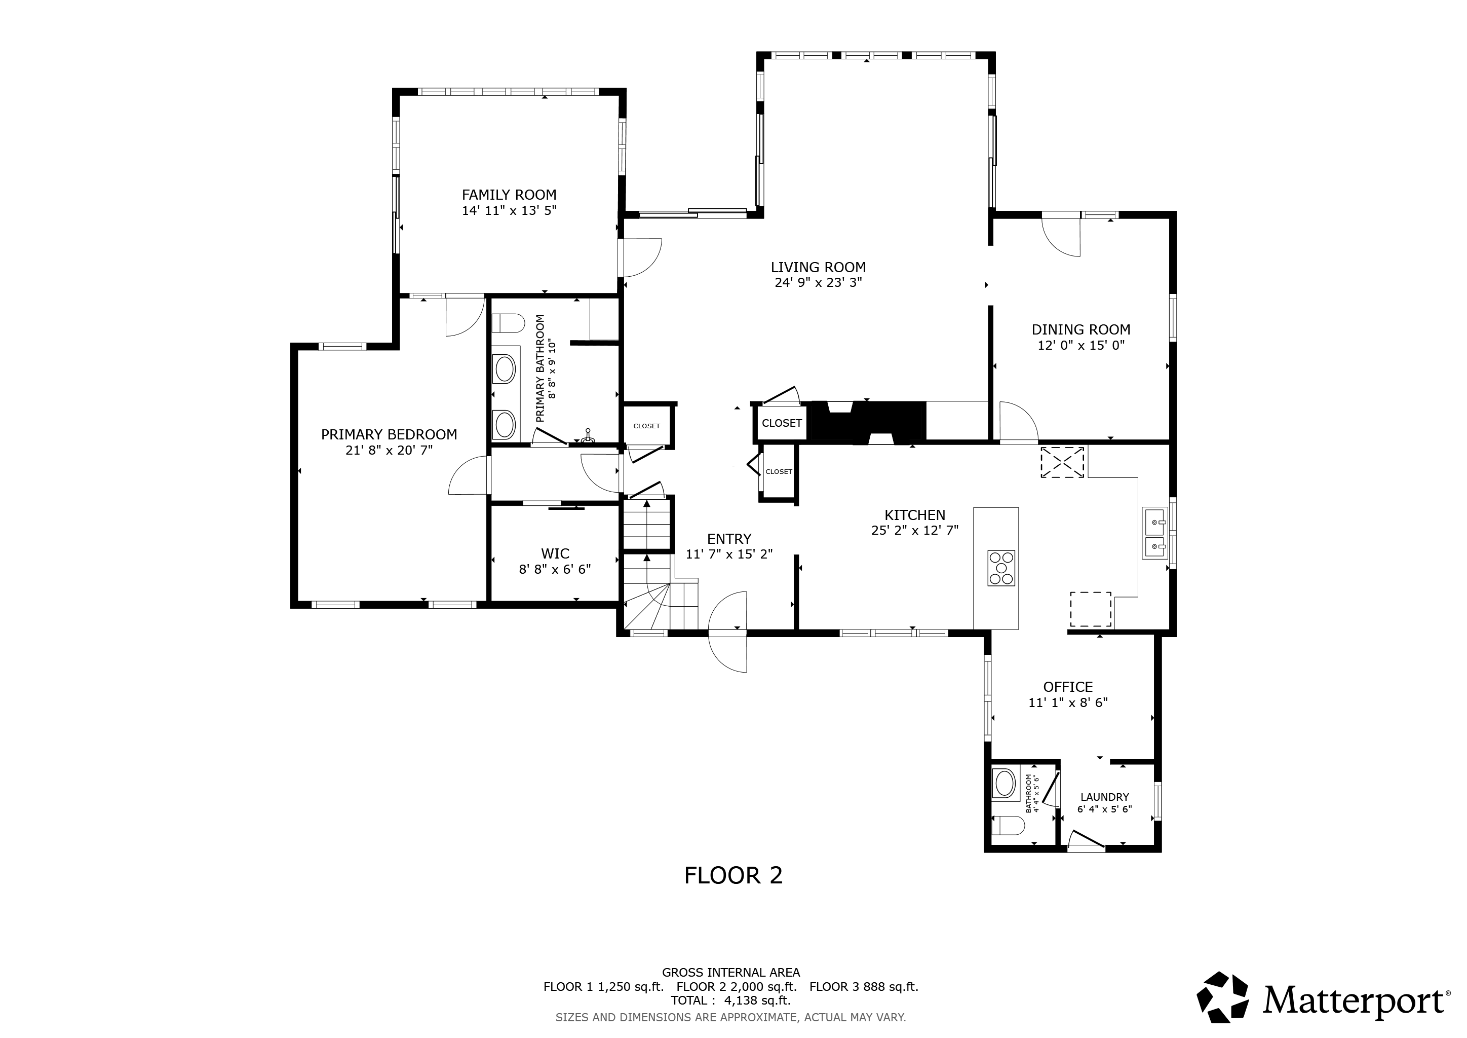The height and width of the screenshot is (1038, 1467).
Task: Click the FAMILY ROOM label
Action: pos(509,195)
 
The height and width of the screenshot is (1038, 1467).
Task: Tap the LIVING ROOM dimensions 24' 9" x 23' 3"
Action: pos(819,282)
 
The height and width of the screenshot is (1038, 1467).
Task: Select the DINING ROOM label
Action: pos(1081,330)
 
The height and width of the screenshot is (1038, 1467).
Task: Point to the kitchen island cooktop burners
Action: pos(1001,568)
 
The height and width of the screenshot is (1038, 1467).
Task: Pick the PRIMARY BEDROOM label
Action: pos(389,435)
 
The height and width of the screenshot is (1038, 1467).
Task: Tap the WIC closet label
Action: pos(555,553)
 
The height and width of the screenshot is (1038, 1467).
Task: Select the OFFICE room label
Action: pos(1068,687)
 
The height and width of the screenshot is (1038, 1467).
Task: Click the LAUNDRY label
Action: pos(1105,797)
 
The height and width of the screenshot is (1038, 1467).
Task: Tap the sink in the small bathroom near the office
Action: pos(1005,783)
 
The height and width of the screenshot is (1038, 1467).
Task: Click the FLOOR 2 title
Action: pos(733,876)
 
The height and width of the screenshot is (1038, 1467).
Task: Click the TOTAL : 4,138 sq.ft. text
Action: pos(730,1000)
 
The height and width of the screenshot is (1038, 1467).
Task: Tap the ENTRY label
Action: pos(729,539)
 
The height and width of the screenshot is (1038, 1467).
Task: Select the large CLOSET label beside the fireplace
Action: pos(782,423)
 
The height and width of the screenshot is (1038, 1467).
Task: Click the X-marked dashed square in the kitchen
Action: pos(1063,462)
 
